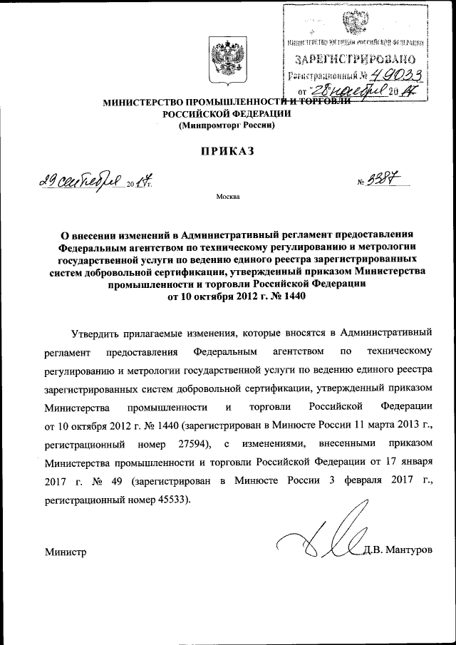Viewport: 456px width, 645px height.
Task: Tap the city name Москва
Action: [227, 196]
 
